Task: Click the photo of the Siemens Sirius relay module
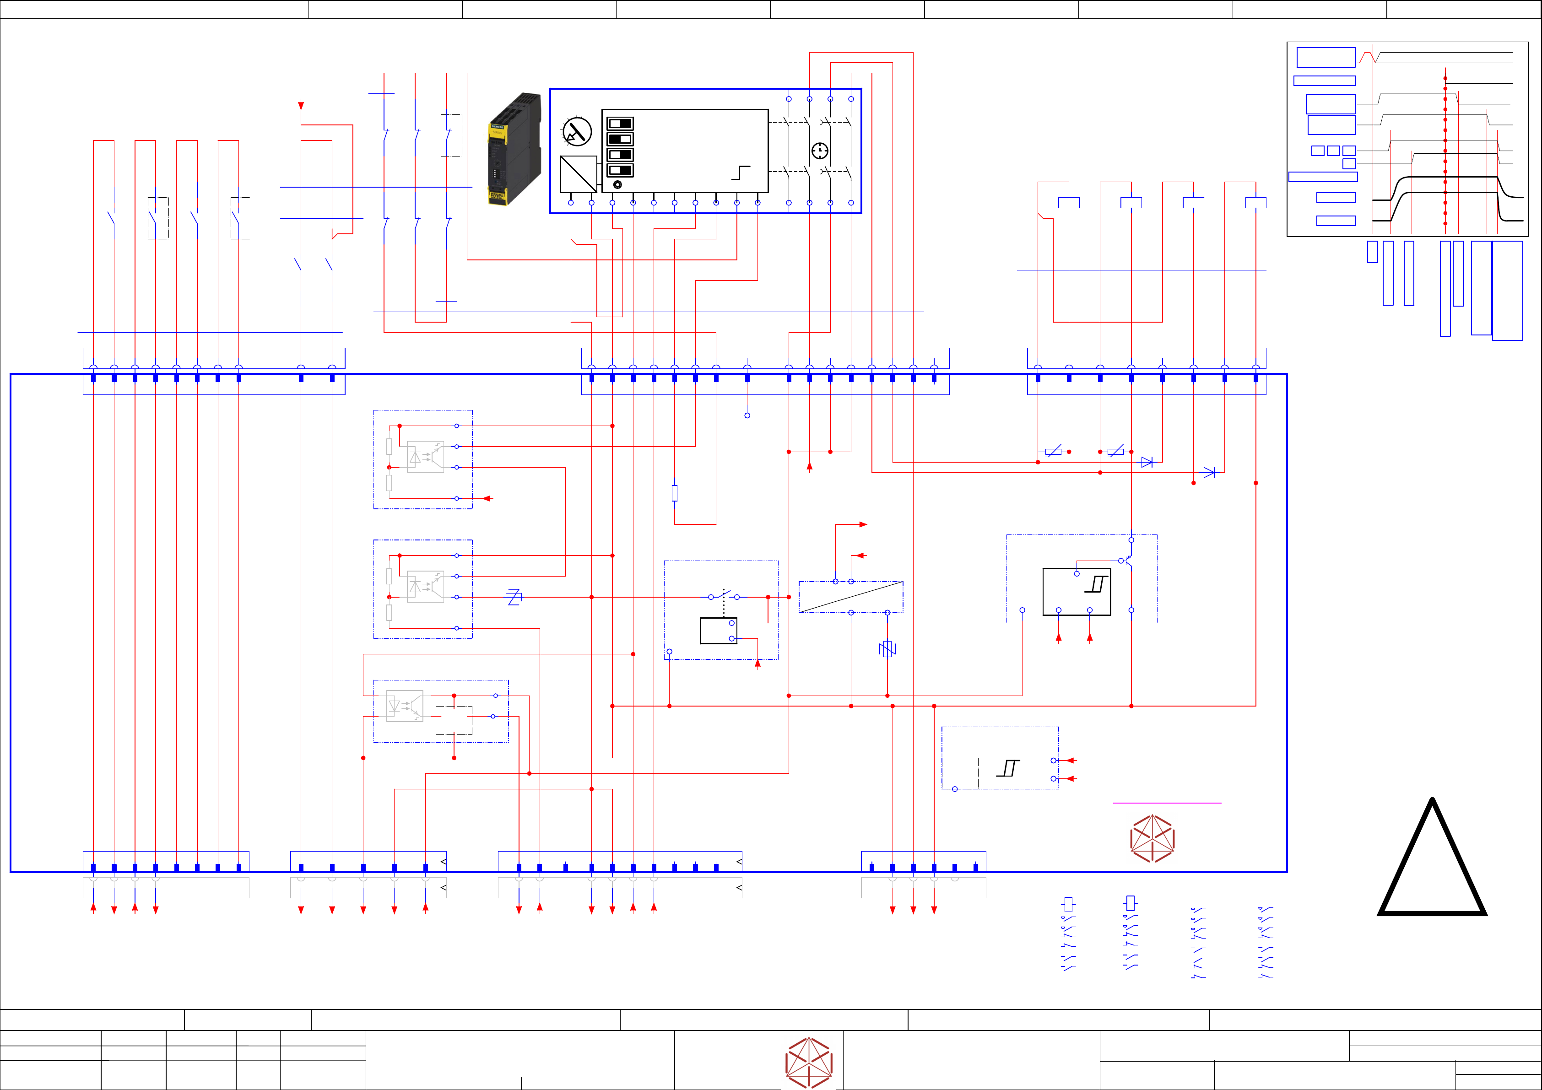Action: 514,149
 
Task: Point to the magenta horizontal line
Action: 1167,803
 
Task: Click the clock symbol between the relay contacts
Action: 819,151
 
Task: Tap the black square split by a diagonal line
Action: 578,174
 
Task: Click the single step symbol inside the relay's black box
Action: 740,173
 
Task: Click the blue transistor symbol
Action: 1127,560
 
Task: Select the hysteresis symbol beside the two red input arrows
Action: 1007,768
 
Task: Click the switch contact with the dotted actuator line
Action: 723,596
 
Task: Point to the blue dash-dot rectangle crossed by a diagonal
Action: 850,597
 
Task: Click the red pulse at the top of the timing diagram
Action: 1367,57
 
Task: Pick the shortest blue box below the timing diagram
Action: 1372,252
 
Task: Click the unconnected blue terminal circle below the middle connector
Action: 747,415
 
